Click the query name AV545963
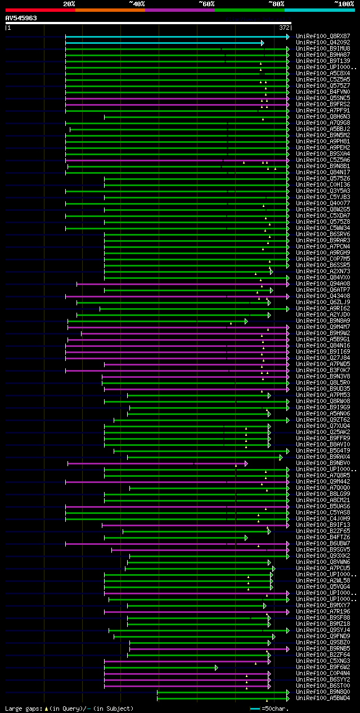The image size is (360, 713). pyautogui.click(x=21, y=18)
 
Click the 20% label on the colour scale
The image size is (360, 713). pyautogui.click(x=69, y=4)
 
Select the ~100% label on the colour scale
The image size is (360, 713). pyautogui.click(x=344, y=4)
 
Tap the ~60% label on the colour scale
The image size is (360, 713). pyautogui.click(x=206, y=4)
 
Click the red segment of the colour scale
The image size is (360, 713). pyautogui.click(x=40, y=10)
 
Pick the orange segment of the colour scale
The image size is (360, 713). pyautogui.click(x=110, y=10)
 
